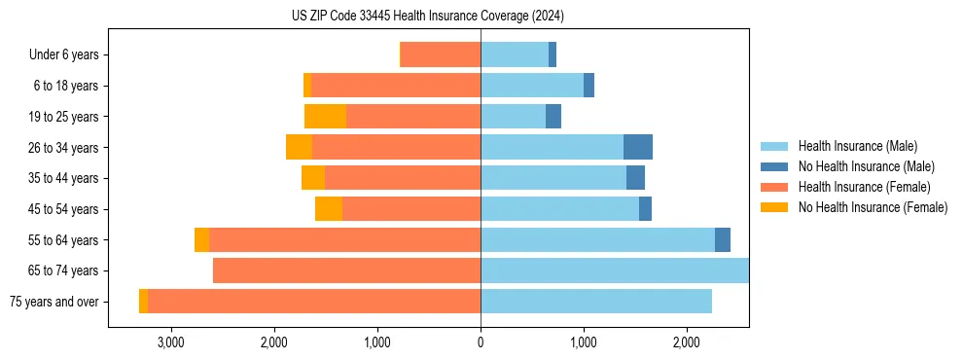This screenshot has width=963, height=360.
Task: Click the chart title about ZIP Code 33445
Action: pyautogui.click(x=428, y=16)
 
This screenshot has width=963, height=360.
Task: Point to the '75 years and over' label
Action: pyautogui.click(x=54, y=302)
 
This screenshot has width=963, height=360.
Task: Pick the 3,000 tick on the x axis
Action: pyautogui.click(x=170, y=342)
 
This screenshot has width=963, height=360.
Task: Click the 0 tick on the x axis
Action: pyautogui.click(x=481, y=342)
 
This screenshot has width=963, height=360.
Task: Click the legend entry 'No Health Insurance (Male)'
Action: pyautogui.click(x=866, y=167)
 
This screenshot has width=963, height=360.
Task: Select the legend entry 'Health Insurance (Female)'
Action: pyautogui.click(x=864, y=187)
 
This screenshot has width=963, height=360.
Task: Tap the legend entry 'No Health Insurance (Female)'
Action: pyautogui.click(x=873, y=207)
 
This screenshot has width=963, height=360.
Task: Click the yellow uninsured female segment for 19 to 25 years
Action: pyautogui.click(x=325, y=117)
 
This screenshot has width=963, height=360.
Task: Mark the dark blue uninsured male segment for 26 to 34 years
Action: pyautogui.click(x=638, y=148)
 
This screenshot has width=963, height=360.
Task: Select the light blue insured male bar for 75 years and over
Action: pyautogui.click(x=596, y=302)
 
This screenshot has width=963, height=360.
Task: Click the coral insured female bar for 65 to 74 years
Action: pyautogui.click(x=346, y=270)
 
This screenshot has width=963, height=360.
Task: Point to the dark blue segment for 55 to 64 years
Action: pyautogui.click(x=723, y=240)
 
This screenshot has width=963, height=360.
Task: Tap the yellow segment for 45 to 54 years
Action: pyautogui.click(x=329, y=209)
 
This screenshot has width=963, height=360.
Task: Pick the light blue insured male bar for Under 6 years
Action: pyautogui.click(x=515, y=55)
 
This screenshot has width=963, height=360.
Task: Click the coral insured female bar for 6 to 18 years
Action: pyautogui.click(x=396, y=86)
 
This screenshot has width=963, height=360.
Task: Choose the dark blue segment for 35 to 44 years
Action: pyautogui.click(x=635, y=178)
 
